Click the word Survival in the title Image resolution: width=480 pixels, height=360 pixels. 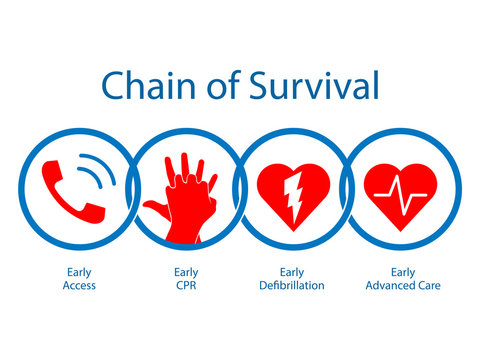click(314, 87)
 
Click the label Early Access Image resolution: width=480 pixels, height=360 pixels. click(78, 277)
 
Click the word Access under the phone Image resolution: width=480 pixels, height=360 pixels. click(78, 285)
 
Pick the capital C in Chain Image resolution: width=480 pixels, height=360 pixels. click(112, 87)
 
